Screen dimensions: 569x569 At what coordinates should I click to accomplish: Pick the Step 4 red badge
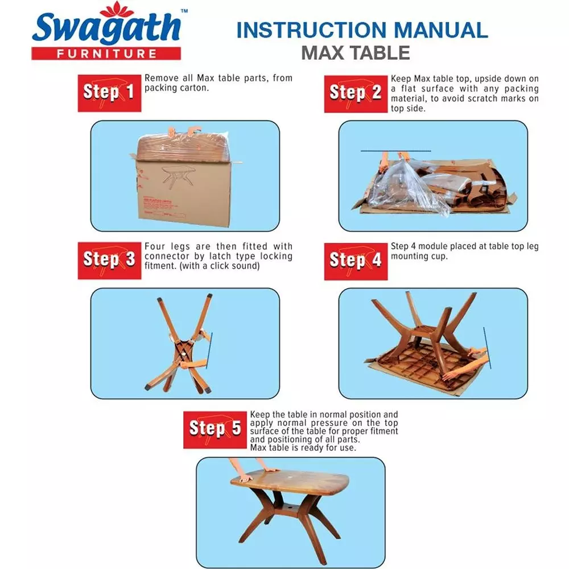tap(356, 260)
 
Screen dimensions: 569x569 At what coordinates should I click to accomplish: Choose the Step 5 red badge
tap(215, 428)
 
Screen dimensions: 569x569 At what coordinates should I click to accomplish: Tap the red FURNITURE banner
tap(106, 53)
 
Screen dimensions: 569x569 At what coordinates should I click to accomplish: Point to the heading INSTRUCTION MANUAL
tap(362, 30)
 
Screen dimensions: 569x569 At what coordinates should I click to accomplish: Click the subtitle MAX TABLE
tap(356, 52)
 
